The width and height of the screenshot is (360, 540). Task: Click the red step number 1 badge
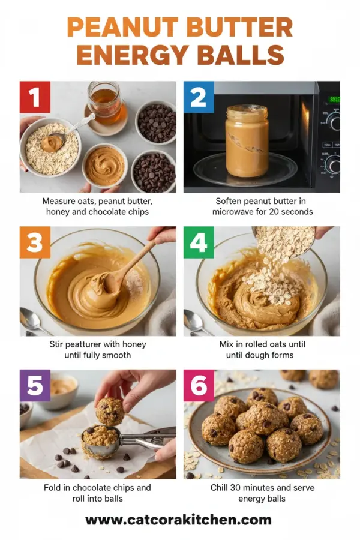(35, 97)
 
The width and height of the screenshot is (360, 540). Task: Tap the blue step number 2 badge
(199, 97)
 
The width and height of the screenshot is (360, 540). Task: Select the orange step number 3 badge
(35, 242)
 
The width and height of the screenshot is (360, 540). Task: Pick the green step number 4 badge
(199, 242)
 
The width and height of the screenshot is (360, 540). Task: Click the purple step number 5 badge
(35, 385)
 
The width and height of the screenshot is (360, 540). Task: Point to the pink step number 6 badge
(199, 385)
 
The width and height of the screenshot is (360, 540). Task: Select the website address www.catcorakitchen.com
(178, 520)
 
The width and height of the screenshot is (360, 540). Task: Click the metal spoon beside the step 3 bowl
(34, 320)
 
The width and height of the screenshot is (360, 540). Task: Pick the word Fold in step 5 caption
(53, 488)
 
